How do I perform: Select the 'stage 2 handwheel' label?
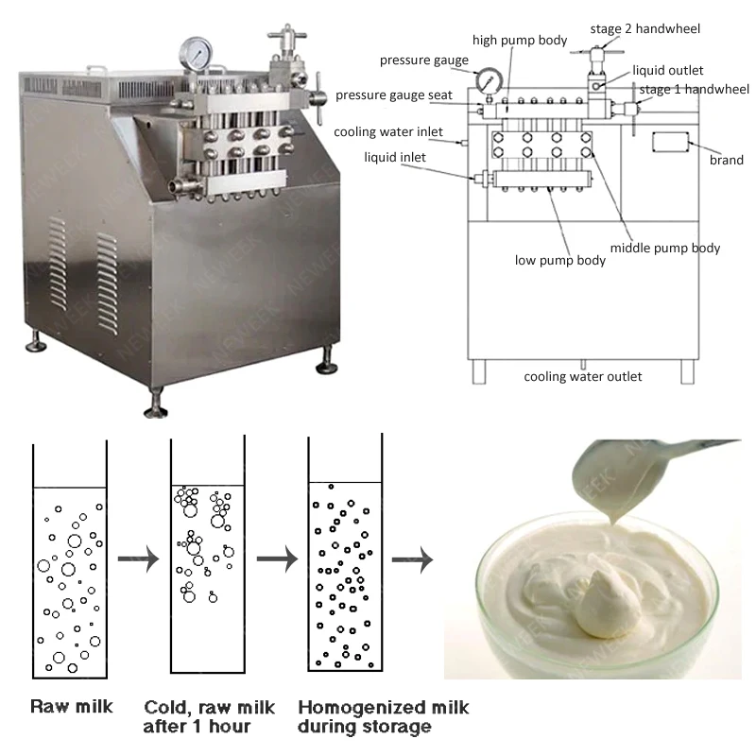coord(645,28)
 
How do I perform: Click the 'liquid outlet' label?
coord(670,71)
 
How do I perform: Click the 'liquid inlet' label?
coord(395,156)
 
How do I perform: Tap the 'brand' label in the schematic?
coord(727,161)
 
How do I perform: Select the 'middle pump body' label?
coord(665,249)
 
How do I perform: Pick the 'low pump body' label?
coord(560,260)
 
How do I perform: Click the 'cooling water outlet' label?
coord(583,376)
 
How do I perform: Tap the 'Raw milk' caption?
coord(72,706)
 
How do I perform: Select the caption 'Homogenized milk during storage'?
coord(383,716)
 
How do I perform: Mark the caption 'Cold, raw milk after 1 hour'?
coord(211,716)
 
